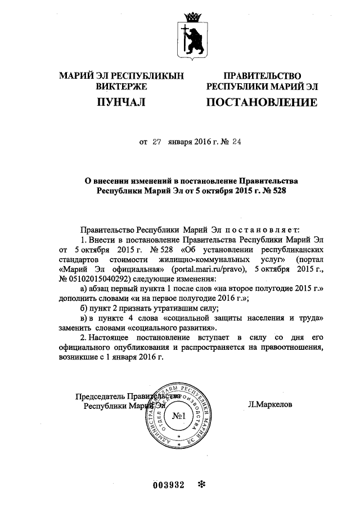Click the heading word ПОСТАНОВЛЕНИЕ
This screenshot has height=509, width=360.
tap(262, 103)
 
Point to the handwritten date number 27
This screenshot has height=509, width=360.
tap(157, 143)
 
